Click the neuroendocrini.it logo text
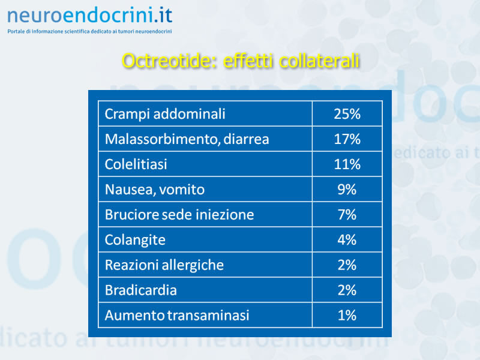pyautogui.click(x=89, y=16)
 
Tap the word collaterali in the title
pyautogui.click(x=319, y=61)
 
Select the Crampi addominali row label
pyautogui.click(x=165, y=114)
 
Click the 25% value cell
pyautogui.click(x=347, y=114)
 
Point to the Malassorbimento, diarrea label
pyautogui.click(x=187, y=139)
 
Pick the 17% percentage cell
pyautogui.click(x=347, y=139)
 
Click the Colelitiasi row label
pyautogui.click(x=136, y=164)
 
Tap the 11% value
pyautogui.click(x=347, y=164)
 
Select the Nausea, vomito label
pyautogui.click(x=155, y=190)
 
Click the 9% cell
pyautogui.click(x=347, y=190)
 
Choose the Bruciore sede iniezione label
pyautogui.click(x=179, y=215)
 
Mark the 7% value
pyautogui.click(x=347, y=215)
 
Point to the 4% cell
pyautogui.click(x=347, y=239)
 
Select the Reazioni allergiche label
pyautogui.click(x=164, y=265)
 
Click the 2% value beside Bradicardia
pyautogui.click(x=347, y=290)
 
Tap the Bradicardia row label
pyautogui.click(x=141, y=290)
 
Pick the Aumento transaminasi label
pyautogui.click(x=177, y=316)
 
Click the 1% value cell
pyautogui.click(x=347, y=316)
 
